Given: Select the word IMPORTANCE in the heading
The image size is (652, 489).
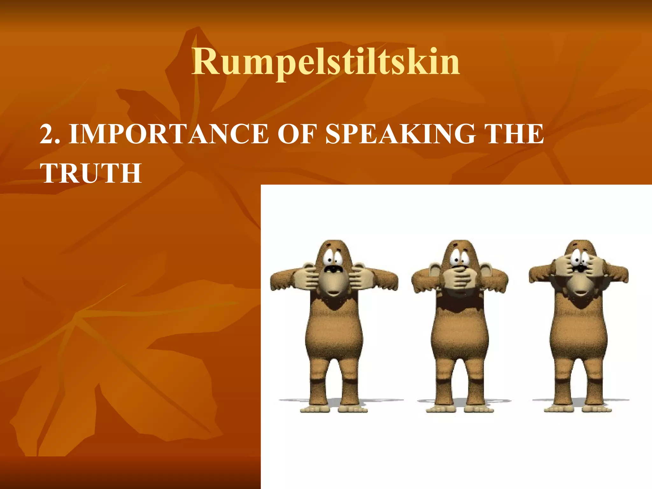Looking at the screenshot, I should [x=169, y=134].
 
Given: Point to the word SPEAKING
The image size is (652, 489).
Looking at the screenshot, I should [x=401, y=134].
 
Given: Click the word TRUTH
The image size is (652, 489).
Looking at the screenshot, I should [x=91, y=174].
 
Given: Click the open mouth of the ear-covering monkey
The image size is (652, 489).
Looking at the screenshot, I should [x=333, y=269].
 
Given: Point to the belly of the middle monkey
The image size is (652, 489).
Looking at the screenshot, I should [x=459, y=334].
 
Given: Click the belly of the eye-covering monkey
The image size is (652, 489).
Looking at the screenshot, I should [x=579, y=334].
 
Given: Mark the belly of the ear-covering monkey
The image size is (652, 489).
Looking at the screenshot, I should [x=334, y=334].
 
